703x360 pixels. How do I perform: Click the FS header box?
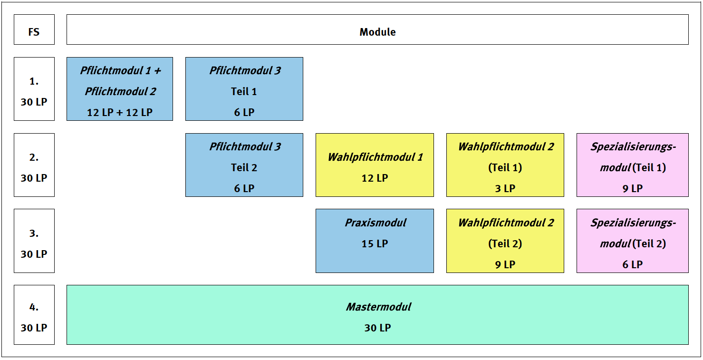34,29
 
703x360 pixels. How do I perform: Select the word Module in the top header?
377,32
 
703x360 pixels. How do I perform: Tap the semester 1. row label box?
34,89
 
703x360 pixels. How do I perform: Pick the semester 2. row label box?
34,165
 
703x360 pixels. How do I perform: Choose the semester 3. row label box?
34,241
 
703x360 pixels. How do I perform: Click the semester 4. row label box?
34,315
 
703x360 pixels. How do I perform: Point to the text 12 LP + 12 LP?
120,112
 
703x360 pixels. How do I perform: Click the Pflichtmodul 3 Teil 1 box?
244,89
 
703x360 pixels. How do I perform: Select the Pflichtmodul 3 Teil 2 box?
244,165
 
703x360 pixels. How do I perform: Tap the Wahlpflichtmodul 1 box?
375,165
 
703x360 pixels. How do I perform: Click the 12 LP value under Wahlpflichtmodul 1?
375,178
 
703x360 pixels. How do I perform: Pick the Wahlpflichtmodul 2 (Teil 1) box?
505,165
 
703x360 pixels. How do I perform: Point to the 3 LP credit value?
505,189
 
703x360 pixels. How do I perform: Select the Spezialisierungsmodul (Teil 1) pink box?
633,165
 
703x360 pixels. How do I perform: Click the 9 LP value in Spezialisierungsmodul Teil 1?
633,189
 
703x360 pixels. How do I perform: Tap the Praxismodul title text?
376,223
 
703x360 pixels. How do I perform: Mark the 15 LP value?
375,244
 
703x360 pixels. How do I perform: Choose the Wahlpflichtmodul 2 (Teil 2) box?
505,241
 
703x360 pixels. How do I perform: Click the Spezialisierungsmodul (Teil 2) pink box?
633,241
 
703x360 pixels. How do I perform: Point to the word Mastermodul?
378,307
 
